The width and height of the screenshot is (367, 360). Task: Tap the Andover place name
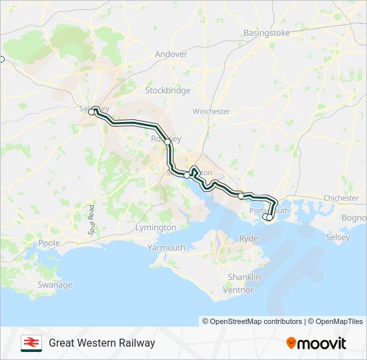pyautogui.click(x=171, y=54)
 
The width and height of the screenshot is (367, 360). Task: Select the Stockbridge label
pyautogui.click(x=167, y=90)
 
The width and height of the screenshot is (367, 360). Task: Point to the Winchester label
pyautogui.click(x=211, y=111)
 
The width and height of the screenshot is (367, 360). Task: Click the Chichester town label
pyautogui.click(x=341, y=198)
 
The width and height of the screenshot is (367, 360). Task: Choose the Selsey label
pyautogui.click(x=338, y=237)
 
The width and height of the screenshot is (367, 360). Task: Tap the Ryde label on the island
pyautogui.click(x=248, y=238)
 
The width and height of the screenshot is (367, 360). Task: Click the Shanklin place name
pyautogui.click(x=240, y=277)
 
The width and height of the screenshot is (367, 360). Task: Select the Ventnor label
pyautogui.click(x=238, y=290)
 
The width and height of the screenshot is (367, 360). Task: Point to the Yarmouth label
pyautogui.click(x=166, y=247)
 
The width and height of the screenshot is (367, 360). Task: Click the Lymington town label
pyautogui.click(x=155, y=227)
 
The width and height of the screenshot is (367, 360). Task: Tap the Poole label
pyautogui.click(x=49, y=243)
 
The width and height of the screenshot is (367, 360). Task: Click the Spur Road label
pyautogui.click(x=92, y=219)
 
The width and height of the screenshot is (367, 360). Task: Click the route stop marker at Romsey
pyautogui.click(x=167, y=142)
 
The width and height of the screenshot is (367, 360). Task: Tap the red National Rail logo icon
pyautogui.click(x=31, y=343)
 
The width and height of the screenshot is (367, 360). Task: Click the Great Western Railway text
pyautogui.click(x=101, y=343)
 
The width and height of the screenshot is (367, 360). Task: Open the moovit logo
pyautogui.click(x=316, y=343)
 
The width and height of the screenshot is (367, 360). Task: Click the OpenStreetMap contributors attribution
pyautogui.click(x=253, y=321)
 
